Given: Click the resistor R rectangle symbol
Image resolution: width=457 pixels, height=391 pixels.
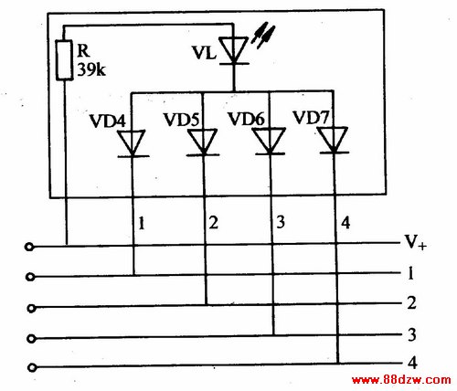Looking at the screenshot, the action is click(64, 60).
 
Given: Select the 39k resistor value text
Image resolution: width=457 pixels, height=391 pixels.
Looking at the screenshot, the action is click(91, 69).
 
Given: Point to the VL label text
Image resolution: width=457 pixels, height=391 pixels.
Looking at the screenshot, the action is click(204, 53).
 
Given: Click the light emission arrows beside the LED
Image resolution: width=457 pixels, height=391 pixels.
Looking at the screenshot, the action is click(263, 35).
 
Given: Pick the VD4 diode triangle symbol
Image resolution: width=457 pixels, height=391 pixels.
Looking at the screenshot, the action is click(133, 143).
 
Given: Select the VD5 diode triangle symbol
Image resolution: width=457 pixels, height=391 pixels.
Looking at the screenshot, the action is click(203, 143).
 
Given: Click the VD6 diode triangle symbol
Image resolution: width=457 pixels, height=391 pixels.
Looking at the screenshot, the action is click(270, 141).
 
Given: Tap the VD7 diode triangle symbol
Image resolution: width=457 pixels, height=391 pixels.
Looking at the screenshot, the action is click(334, 140).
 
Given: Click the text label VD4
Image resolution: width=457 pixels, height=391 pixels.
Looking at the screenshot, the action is click(107, 121).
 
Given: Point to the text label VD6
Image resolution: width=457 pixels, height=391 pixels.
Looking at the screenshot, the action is click(246, 119).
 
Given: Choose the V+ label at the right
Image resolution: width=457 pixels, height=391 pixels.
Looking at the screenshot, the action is click(415, 242).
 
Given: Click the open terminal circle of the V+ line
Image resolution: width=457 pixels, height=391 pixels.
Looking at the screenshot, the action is click(29, 247).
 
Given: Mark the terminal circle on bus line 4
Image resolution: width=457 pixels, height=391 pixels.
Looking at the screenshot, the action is click(32, 368).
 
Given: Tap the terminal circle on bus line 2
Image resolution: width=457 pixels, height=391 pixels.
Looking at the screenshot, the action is click(31, 309).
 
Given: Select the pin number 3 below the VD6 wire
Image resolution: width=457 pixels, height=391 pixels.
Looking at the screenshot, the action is click(281, 222).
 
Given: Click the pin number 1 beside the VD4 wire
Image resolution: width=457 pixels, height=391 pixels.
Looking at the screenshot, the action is click(142, 223).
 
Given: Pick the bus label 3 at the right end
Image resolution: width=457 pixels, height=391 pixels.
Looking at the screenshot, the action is click(412, 334).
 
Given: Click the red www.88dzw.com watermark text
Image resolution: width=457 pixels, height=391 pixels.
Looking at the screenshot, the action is click(401, 380).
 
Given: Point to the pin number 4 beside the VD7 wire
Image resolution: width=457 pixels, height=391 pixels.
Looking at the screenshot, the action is click(345, 223).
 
